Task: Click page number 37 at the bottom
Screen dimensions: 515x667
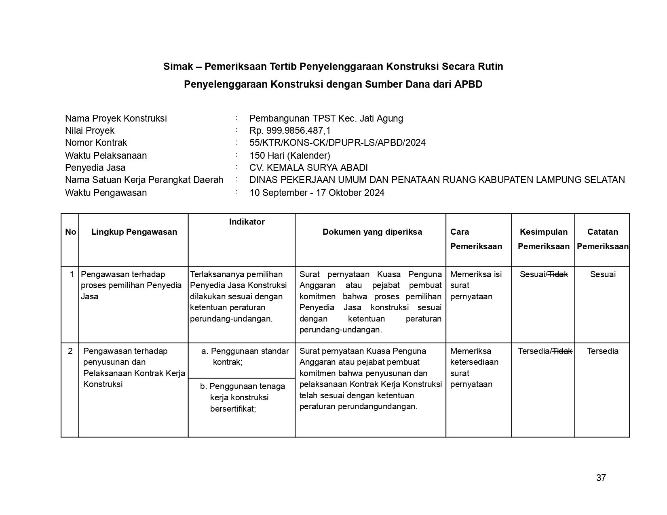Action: pos(601,478)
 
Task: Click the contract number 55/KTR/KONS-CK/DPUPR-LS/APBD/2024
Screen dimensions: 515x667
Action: pos(337,143)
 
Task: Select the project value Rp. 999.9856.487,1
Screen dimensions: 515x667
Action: pos(290,130)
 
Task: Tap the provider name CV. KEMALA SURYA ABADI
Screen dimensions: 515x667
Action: pos(308,168)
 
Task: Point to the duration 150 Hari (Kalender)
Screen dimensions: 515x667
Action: pos(289,156)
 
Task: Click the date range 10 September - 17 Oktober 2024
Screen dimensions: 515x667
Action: pos(317,193)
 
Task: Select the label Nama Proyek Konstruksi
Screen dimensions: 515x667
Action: pos(116,118)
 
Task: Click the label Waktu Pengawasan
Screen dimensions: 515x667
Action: pos(106,193)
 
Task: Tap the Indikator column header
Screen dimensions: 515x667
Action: pos(247,222)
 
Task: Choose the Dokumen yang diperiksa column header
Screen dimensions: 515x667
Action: pos(372,232)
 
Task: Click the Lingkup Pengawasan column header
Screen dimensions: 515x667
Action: pos(134,232)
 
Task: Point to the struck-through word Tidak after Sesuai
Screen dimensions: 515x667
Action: pos(558,274)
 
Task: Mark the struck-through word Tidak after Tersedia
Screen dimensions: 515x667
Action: pos(562,351)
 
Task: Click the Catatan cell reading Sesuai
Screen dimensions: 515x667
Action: pos(602,274)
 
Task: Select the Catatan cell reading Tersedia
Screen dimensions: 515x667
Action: pos(602,351)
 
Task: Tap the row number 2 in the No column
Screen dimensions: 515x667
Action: pos(70,351)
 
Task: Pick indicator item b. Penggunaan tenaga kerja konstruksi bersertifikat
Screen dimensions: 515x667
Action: pos(242,397)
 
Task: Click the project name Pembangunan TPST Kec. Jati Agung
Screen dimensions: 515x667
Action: pos(326,118)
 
